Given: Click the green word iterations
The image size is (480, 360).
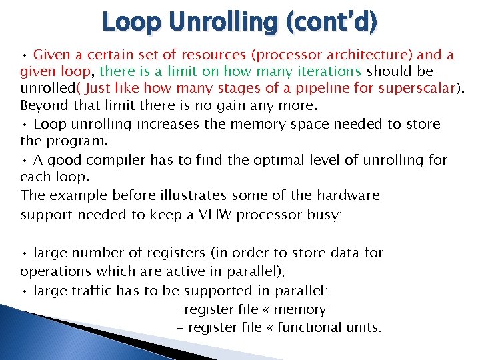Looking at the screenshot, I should (325, 71).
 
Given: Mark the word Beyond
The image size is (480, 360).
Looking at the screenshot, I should (43, 105).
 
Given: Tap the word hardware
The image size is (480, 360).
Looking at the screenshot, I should (345, 195).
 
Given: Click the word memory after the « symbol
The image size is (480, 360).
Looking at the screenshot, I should (301, 309).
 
